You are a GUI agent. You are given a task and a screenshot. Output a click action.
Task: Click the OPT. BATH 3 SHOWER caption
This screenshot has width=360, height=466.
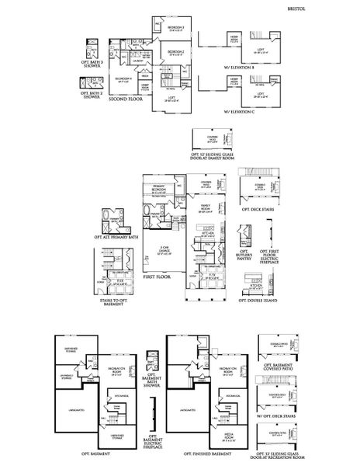(x=92, y=64)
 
